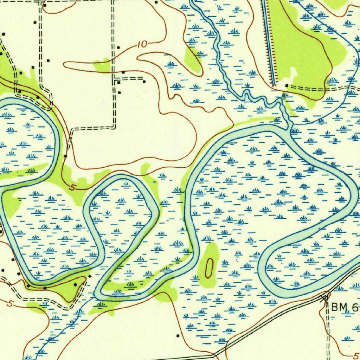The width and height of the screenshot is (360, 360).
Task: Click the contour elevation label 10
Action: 142,45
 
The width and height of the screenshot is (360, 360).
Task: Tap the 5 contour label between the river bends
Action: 72,188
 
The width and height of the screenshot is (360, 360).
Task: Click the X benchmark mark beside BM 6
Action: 324,298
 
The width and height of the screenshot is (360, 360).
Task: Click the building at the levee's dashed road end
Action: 287,85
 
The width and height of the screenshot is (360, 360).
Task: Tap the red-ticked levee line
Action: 269,42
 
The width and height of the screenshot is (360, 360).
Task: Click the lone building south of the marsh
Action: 178,335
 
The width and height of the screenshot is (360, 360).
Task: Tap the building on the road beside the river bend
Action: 65,156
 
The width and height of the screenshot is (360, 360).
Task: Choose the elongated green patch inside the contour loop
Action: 193,60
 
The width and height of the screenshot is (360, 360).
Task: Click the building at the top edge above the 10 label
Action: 156,1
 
